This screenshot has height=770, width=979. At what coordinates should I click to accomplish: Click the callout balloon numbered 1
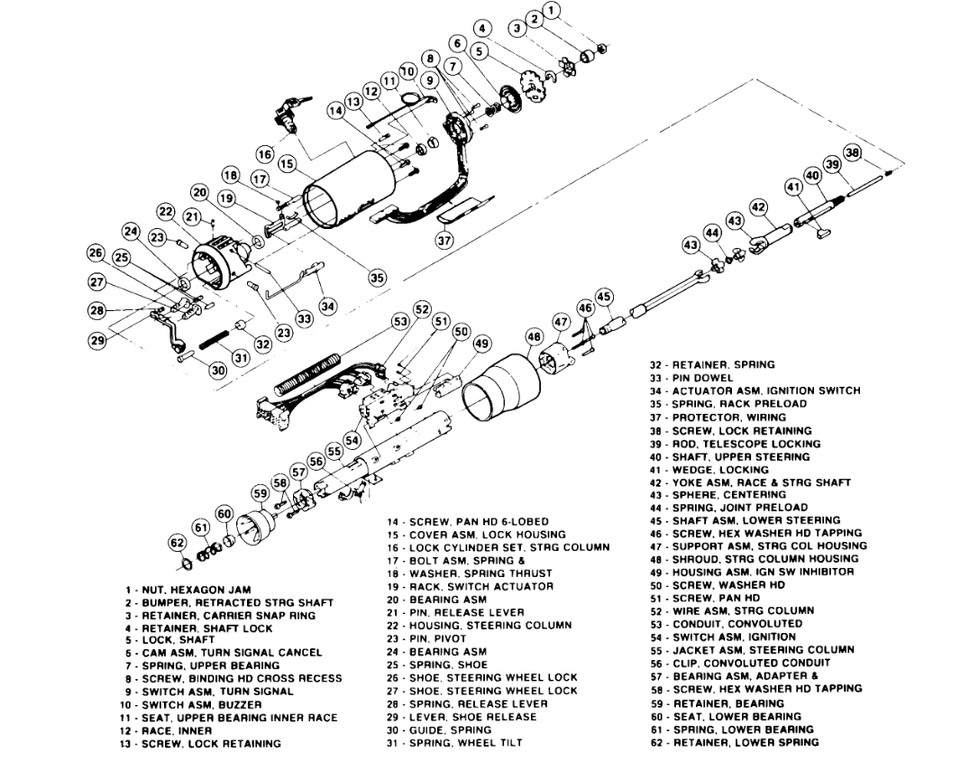point(553,11)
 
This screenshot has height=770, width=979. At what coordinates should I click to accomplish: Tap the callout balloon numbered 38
point(853,153)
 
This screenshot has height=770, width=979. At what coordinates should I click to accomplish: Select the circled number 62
point(178,543)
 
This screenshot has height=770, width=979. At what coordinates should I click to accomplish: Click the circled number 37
point(444,241)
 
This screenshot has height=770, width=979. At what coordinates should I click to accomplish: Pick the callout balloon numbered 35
point(377,278)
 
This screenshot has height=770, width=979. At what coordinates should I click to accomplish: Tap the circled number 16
point(264,155)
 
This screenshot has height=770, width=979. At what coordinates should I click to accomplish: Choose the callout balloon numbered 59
point(261,493)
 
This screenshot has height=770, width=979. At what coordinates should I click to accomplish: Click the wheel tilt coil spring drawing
point(213,344)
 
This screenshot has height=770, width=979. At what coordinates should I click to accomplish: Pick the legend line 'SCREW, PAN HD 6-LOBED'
point(466,521)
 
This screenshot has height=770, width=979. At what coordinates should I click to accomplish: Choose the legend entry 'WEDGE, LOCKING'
point(709,469)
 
